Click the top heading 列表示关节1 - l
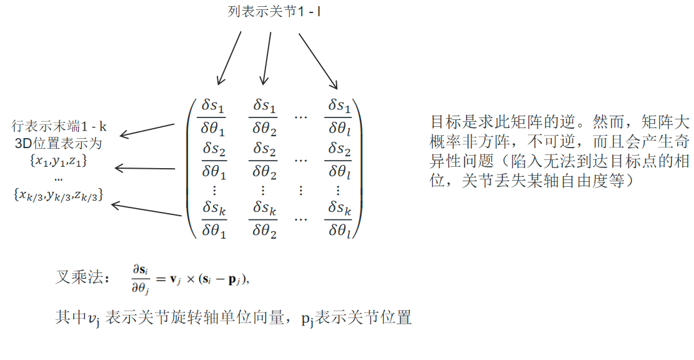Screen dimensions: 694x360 [274, 11]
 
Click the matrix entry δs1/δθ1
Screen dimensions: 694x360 [213, 117]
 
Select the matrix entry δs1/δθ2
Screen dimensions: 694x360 [264, 117]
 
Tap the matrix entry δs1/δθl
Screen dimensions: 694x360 [339, 117]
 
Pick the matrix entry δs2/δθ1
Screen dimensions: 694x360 [214, 160]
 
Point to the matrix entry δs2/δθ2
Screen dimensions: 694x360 [264, 160]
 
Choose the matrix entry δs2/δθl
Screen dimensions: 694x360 [339, 160]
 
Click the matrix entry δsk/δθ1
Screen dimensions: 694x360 [214, 219]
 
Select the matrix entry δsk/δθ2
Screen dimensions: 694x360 [264, 219]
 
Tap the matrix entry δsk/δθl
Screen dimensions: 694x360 [339, 219]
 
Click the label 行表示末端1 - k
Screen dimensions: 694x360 [59, 127]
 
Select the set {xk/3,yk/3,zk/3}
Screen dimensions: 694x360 [59, 195]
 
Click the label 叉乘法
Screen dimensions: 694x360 [82, 277]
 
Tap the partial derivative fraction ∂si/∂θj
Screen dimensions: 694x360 [141, 279]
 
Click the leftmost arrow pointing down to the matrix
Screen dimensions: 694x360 [229, 58]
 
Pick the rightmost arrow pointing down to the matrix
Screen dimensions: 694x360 [318, 61]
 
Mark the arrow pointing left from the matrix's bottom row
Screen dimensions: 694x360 [146, 210]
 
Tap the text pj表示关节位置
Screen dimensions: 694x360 [356, 318]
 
